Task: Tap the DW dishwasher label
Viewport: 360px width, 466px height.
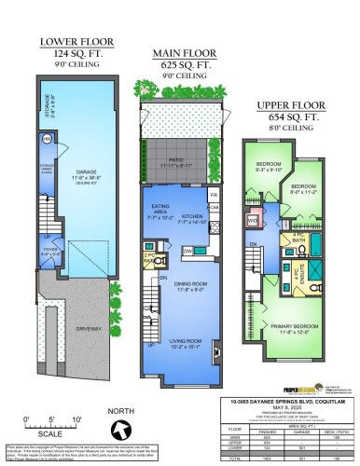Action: point(187,251)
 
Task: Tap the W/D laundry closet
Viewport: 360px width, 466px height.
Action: point(253,222)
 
